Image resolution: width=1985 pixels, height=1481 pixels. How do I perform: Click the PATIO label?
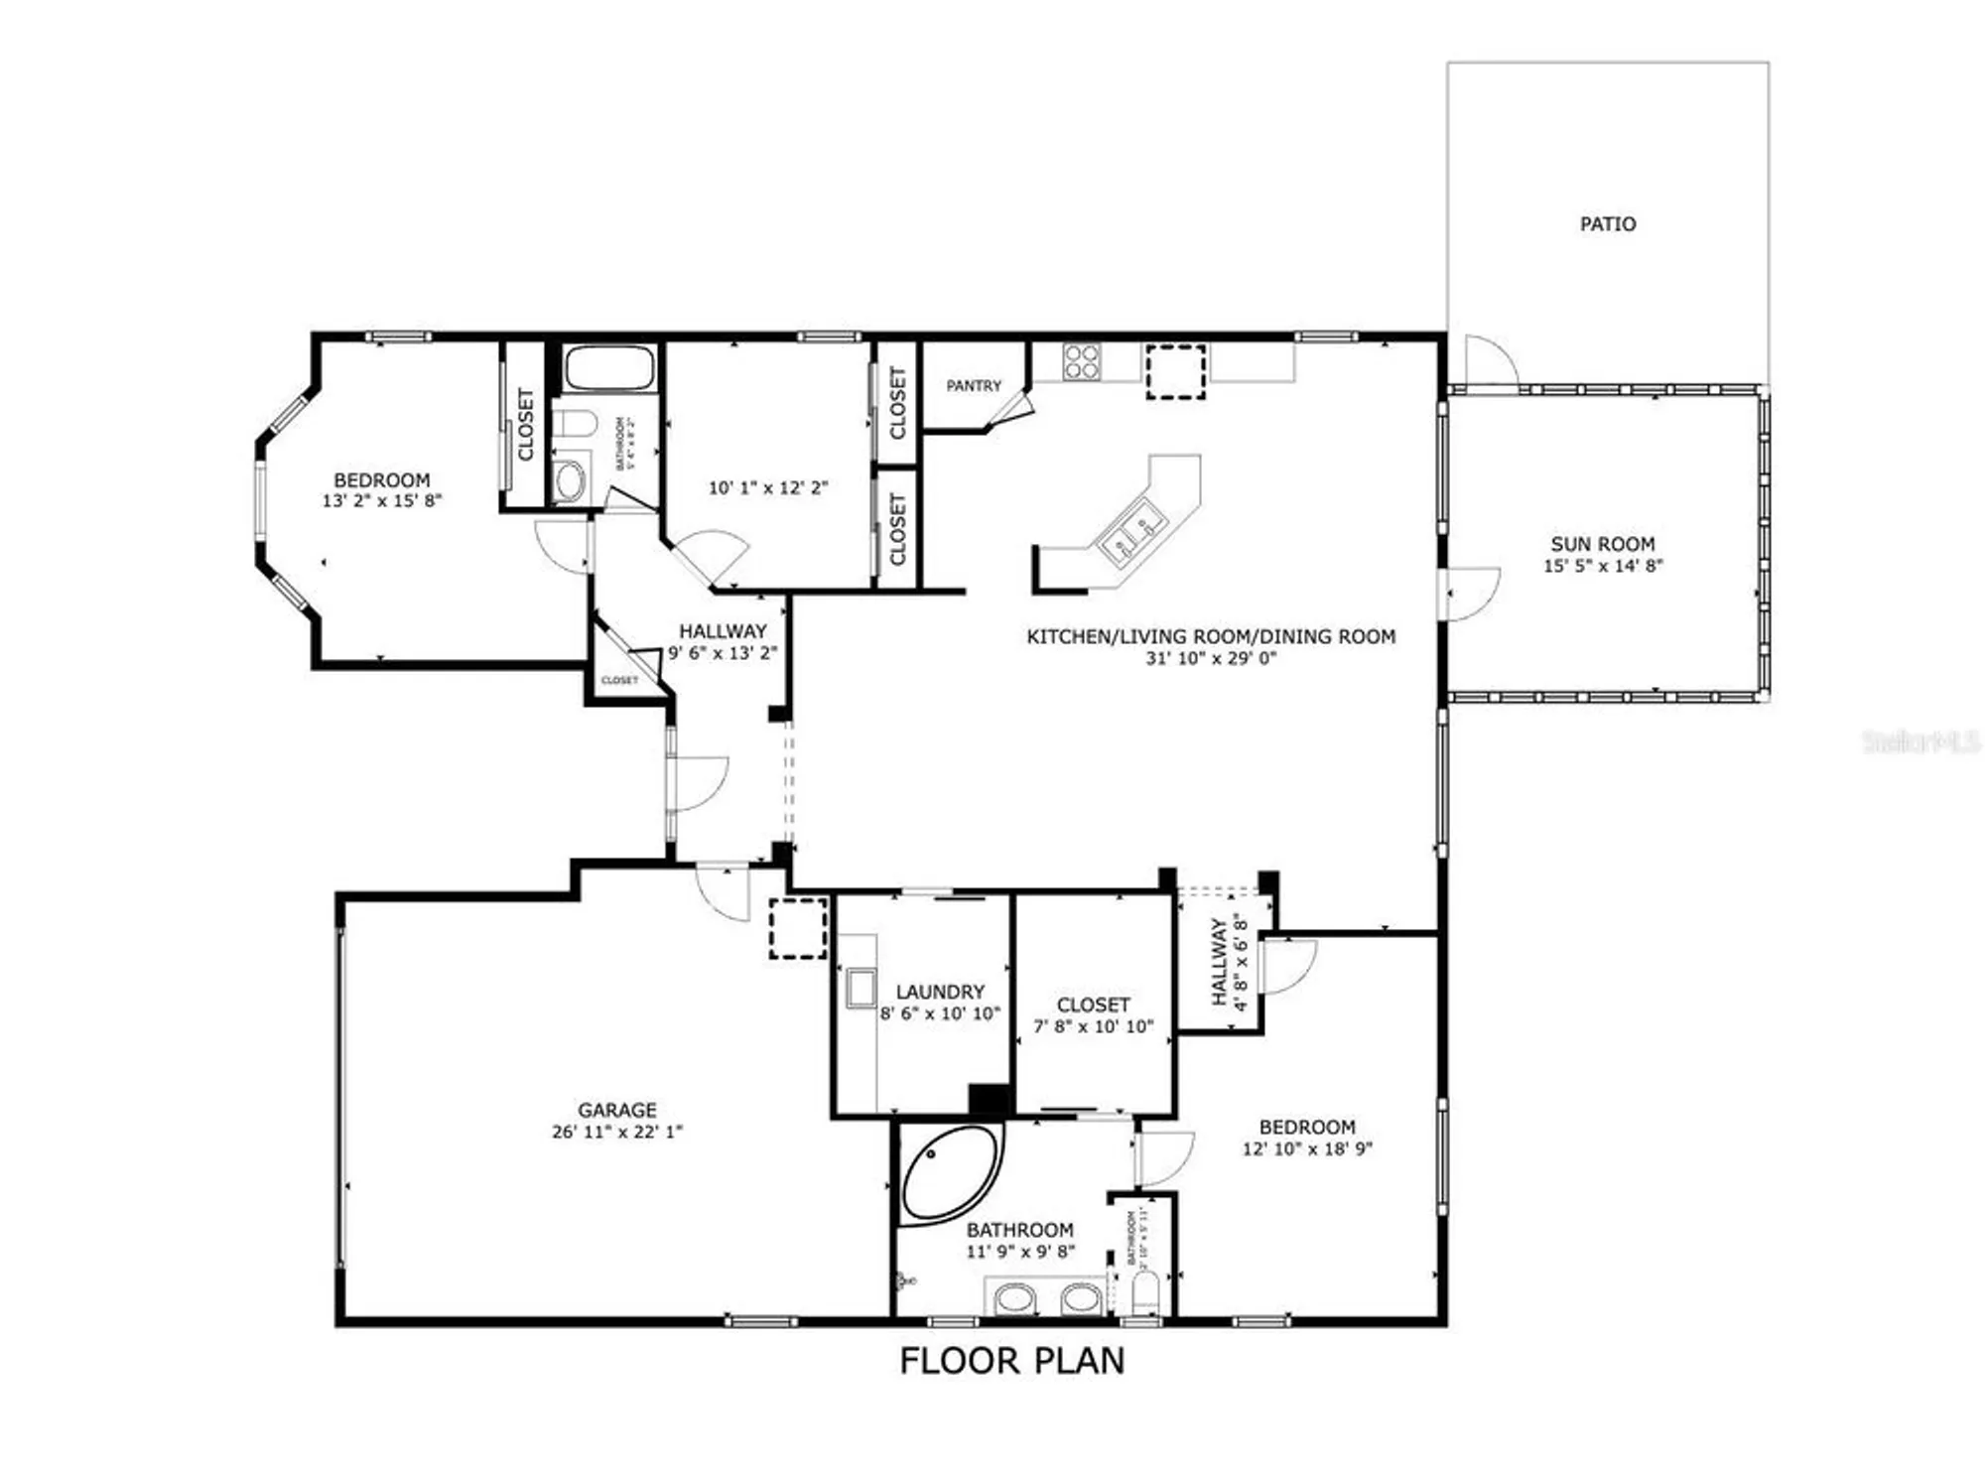pos(1607,224)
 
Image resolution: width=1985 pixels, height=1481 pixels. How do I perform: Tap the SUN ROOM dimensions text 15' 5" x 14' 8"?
pos(1602,566)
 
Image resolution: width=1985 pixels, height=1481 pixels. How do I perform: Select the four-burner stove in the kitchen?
pos(1081,362)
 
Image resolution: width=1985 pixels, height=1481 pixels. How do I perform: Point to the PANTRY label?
pos(974,385)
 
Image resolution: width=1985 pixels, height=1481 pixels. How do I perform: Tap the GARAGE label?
pos(616,1109)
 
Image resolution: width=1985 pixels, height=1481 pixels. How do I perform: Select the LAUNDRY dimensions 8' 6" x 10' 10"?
pos(940,1013)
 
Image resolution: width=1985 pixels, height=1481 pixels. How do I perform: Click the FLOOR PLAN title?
pos(1011,1361)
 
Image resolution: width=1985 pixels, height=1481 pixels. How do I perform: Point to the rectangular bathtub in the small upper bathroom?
pos(609,368)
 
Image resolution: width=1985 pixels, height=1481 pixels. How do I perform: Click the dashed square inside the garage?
pos(798,928)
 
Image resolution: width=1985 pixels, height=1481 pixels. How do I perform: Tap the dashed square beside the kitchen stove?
pos(1176,372)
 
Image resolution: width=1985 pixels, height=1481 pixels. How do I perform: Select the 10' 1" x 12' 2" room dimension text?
pos(767,487)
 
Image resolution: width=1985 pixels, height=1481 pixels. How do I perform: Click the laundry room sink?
pos(860,990)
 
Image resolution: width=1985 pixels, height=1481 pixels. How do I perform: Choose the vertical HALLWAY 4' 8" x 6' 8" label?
pos(1228,961)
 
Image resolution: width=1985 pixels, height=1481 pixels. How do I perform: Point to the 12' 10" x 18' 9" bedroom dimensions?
pos(1306,1148)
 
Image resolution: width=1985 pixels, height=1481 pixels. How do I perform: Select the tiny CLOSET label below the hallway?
pos(619,680)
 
